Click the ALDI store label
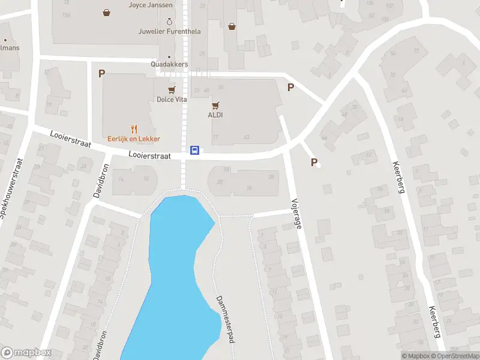[x=215, y=115]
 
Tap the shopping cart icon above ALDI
[x=215, y=104]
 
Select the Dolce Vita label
[x=172, y=100]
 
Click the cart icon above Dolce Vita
[x=172, y=89]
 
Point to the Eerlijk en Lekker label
[x=133, y=139]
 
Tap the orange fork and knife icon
[x=134, y=128]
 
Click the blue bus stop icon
[x=195, y=150]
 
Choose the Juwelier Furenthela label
[x=169, y=31]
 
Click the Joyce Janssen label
[x=151, y=5]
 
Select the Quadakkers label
[x=169, y=64]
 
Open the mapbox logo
[x=26, y=352]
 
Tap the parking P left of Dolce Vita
[x=101, y=73]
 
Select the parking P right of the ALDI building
[x=290, y=87]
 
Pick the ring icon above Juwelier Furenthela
[x=169, y=21]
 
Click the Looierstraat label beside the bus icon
[x=149, y=155]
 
